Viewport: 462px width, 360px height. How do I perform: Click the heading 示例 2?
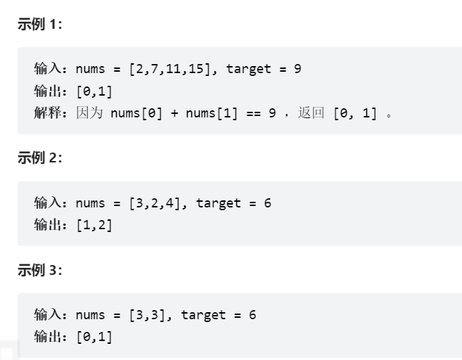(39, 157)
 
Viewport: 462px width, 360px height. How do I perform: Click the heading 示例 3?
(39, 270)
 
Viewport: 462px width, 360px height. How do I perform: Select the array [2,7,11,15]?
(168, 69)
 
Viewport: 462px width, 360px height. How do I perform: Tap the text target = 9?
(264, 69)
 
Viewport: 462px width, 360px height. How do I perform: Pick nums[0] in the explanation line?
(137, 112)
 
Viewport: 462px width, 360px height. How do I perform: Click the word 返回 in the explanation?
(311, 112)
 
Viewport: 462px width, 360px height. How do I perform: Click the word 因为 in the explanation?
(90, 112)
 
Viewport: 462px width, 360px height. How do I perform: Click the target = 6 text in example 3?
(219, 315)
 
